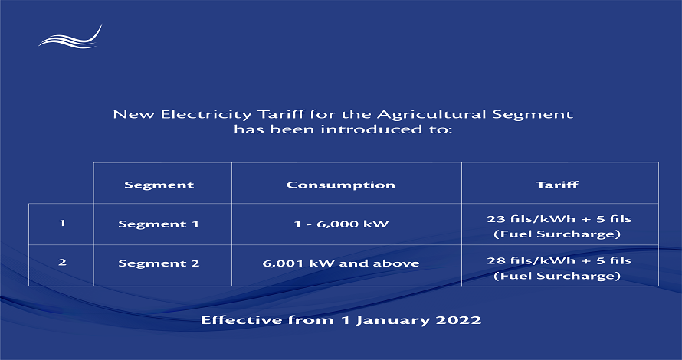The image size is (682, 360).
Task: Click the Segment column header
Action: click(x=159, y=185)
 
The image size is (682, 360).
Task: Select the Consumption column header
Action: click(x=340, y=185)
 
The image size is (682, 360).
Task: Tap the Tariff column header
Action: click(x=557, y=185)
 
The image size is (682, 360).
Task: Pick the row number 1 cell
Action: click(x=62, y=223)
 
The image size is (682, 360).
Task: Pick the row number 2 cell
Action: click(x=62, y=262)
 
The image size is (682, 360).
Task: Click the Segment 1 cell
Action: click(x=159, y=224)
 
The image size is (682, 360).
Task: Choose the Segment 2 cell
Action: click(x=159, y=263)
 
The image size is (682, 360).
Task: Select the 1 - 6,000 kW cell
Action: click(x=341, y=224)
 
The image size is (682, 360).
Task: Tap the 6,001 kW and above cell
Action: click(x=341, y=263)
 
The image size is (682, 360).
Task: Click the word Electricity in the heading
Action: click(x=206, y=115)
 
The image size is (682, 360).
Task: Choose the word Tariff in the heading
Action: click(x=281, y=114)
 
